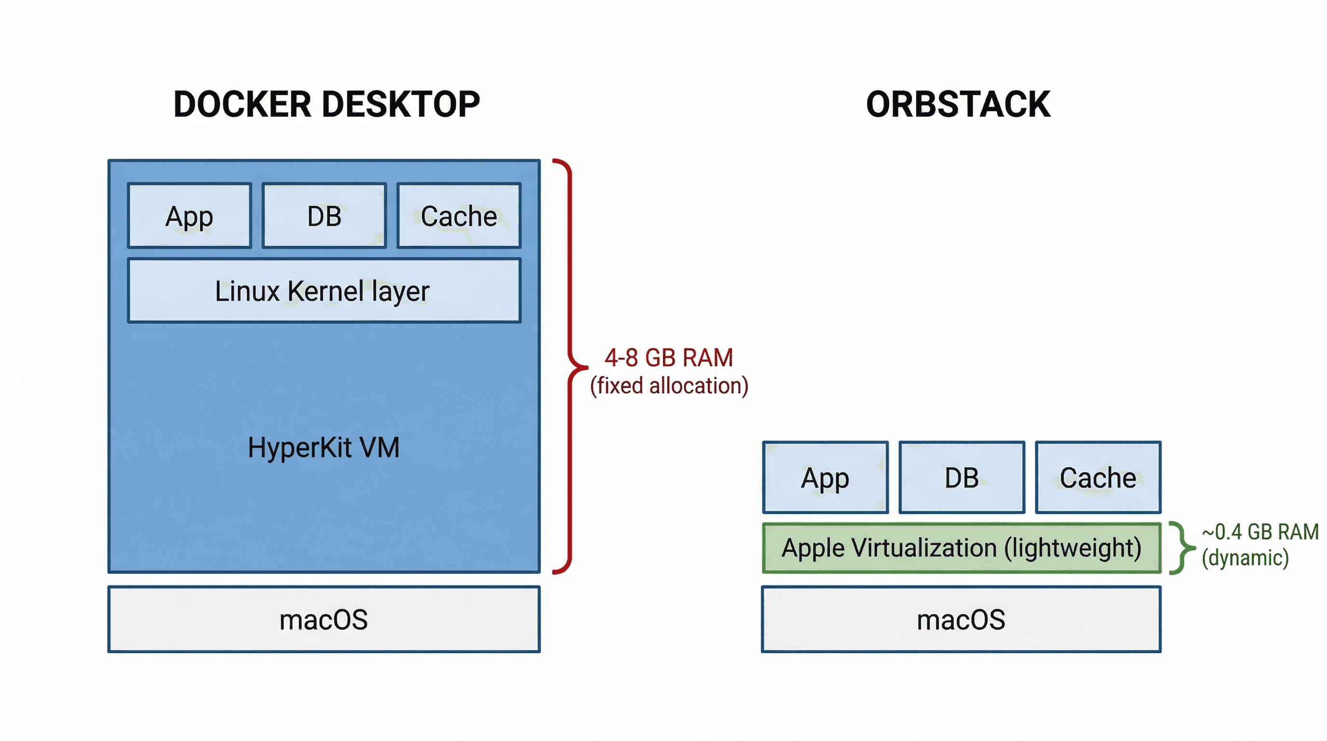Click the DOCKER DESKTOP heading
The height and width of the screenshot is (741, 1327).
coord(326,105)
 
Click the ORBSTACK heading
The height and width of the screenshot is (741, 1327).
coord(958,105)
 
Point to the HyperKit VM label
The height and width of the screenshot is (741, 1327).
coord(324,447)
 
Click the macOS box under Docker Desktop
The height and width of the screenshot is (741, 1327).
coord(324,619)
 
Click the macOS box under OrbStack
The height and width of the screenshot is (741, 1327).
coord(961,619)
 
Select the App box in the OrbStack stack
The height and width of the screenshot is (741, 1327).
coord(825,478)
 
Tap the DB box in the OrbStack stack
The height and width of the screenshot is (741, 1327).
coord(961,478)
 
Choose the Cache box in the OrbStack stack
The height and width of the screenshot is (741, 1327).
coord(1098,478)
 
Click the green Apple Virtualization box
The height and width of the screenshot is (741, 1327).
coord(961,548)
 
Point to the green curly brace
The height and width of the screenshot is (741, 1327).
coord(1181,548)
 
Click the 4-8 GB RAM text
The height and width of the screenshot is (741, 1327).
coord(669,357)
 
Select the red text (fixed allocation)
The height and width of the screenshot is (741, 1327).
coord(669,386)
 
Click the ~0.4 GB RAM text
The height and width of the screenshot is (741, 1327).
coord(1260,532)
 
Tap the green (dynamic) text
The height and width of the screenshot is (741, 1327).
coord(1245,558)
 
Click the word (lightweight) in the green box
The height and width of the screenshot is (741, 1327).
coord(1072,548)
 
